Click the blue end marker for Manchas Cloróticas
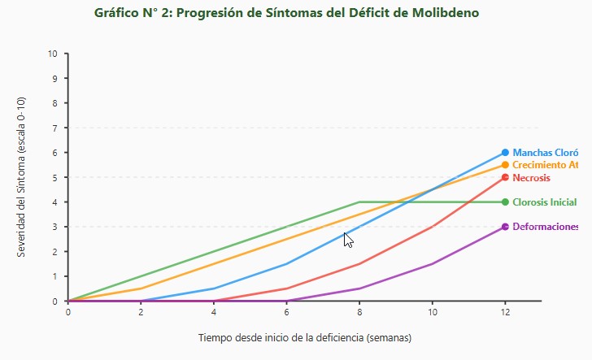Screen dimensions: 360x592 [505, 153]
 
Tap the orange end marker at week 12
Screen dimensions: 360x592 [505, 165]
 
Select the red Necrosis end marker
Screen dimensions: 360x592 [505, 177]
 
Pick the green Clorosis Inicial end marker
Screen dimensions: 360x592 [505, 202]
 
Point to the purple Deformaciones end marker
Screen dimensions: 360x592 [505, 227]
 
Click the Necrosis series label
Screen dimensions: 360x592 [531, 178]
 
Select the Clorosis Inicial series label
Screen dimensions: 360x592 [544, 202]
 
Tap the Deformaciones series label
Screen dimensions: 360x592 [545, 228]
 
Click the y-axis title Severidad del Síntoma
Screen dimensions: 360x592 [21, 177]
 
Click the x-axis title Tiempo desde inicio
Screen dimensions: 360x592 [305, 337]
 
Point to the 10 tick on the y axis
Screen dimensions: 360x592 [53, 54]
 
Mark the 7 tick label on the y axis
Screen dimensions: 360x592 [55, 128]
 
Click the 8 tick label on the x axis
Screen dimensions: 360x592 [359, 311]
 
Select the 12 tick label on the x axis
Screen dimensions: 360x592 [505, 311]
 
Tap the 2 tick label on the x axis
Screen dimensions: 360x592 [141, 311]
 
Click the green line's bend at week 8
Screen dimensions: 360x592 [359, 202]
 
